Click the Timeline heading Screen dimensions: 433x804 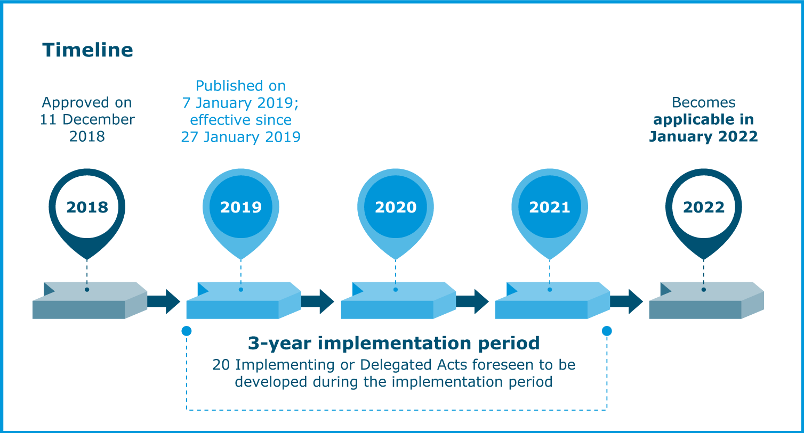coord(87,50)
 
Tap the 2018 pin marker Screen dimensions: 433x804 coord(87,207)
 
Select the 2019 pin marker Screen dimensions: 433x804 coord(241,207)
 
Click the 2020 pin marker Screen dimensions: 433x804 coord(396,207)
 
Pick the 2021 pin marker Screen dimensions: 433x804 coord(550,207)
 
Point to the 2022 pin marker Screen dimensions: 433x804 coord(704,207)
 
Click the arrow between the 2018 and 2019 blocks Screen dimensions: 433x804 coord(164,301)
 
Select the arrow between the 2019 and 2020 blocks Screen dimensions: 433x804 coord(318,301)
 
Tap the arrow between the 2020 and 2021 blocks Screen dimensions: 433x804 coord(473,301)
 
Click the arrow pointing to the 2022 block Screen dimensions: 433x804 coord(627,301)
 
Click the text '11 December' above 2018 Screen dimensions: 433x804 coord(87,119)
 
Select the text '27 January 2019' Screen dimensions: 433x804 coord(241,137)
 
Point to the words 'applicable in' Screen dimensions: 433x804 coord(704,119)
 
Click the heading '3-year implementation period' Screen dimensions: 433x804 coord(394,343)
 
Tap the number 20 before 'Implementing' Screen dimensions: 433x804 coord(221,365)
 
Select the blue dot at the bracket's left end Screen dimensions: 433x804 coord(187,331)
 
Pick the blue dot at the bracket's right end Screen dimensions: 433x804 coord(607,331)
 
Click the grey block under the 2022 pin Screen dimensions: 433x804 coord(704,301)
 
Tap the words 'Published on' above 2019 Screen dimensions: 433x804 coord(241,86)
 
